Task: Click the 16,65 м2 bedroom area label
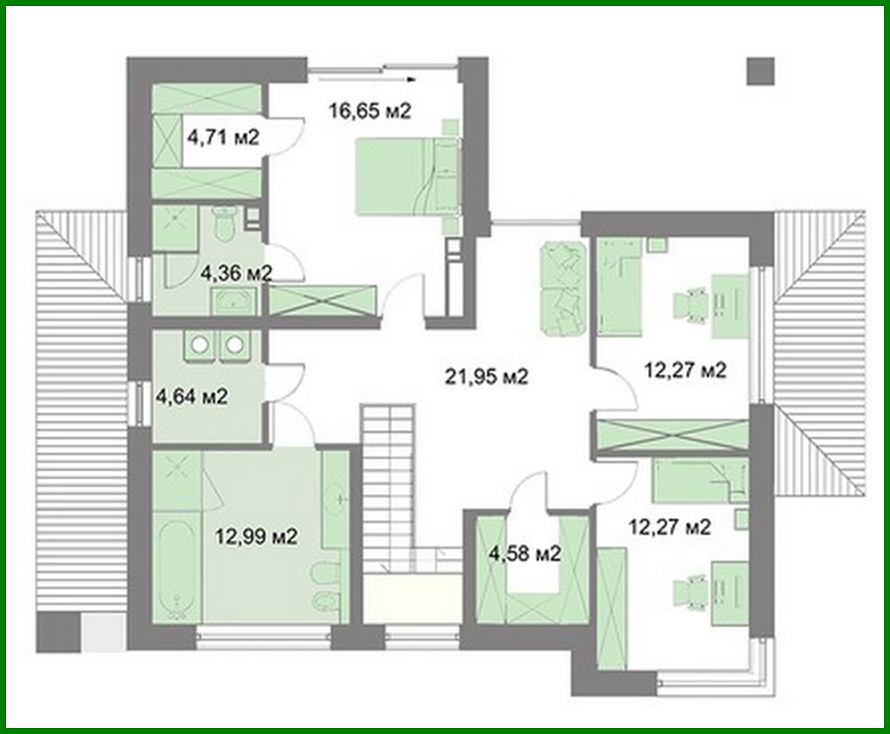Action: [x=369, y=110]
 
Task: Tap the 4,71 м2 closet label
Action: [x=223, y=138]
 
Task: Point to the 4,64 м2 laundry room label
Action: [x=191, y=396]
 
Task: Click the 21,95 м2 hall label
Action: [x=486, y=377]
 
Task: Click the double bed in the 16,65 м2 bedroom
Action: [x=404, y=175]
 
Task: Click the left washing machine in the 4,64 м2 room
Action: [x=199, y=344]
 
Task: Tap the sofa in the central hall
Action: [x=562, y=289]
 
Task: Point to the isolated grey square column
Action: [x=760, y=71]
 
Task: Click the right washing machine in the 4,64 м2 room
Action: [x=235, y=344]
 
